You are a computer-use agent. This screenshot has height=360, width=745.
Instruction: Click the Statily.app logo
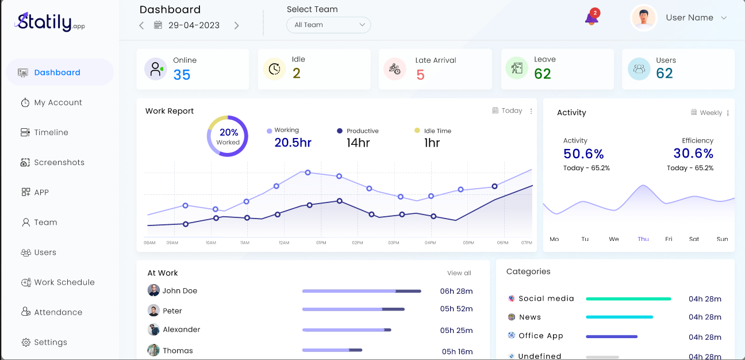click(50, 22)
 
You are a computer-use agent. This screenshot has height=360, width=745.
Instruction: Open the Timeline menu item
click(51, 132)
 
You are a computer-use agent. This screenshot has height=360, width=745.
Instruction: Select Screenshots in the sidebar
click(59, 162)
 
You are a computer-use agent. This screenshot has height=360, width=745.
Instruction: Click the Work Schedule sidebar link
click(64, 282)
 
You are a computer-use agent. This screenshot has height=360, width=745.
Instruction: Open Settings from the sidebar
click(50, 342)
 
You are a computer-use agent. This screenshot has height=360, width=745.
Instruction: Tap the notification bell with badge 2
click(592, 18)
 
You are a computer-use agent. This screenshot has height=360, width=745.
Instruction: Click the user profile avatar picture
click(644, 18)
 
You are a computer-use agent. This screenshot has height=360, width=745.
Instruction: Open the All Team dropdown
click(329, 25)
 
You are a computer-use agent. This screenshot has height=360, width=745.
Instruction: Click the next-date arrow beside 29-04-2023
click(236, 25)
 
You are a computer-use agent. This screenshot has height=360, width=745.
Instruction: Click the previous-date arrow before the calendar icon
click(141, 25)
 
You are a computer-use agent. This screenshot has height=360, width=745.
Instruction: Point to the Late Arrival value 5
click(420, 75)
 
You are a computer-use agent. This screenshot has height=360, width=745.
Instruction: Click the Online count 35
click(182, 75)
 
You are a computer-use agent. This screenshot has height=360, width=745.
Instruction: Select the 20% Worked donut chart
click(228, 136)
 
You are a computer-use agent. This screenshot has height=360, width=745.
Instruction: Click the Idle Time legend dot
click(417, 131)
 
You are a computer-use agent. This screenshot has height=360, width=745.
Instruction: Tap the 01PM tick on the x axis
click(321, 243)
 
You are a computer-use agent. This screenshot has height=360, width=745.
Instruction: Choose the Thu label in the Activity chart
click(643, 239)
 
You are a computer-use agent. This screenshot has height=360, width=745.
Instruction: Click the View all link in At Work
click(459, 273)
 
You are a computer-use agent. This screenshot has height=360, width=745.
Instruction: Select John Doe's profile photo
click(153, 290)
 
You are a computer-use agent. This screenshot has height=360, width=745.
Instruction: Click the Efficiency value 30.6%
click(693, 154)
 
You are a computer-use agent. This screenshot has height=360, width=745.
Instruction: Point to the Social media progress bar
click(628, 299)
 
